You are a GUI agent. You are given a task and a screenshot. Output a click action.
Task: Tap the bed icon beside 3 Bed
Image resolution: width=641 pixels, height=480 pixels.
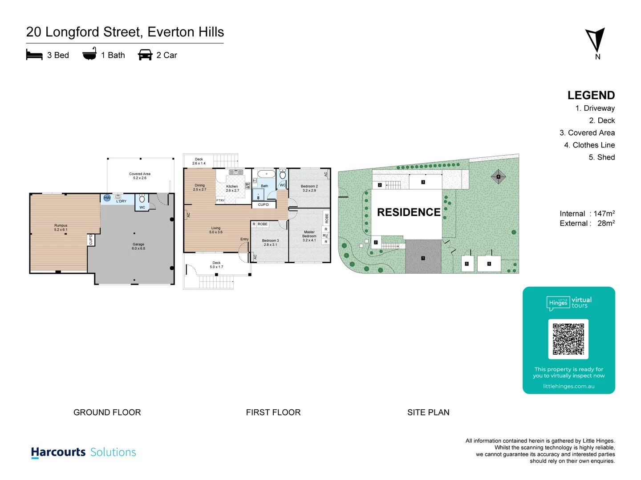[34, 55]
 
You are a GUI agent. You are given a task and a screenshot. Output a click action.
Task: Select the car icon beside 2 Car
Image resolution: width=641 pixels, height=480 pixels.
[145, 55]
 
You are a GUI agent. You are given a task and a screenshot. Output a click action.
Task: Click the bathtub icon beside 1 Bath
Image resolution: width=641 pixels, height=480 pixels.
[89, 54]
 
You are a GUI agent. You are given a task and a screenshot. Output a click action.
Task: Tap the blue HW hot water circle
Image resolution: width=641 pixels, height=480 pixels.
[107, 198]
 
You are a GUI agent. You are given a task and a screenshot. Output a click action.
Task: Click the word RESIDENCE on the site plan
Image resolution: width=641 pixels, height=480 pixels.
[408, 212]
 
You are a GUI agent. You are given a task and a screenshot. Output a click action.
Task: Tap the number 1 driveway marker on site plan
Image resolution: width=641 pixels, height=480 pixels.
[423, 258]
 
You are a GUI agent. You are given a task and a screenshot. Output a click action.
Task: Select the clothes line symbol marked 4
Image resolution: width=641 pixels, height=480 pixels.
[498, 176]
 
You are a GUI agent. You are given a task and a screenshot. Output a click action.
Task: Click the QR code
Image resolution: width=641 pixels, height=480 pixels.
[568, 339]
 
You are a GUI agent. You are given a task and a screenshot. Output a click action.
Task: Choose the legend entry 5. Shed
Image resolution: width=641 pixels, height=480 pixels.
[601, 157]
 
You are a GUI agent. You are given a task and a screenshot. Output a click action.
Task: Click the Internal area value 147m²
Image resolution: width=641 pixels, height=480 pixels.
[604, 214]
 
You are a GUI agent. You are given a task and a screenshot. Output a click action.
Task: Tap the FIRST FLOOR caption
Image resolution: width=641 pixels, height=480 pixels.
[273, 412]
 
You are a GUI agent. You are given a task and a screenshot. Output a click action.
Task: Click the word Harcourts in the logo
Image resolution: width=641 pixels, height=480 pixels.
[58, 452]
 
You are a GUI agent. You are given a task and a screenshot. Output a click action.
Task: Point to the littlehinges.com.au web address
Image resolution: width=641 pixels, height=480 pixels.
[568, 386]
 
